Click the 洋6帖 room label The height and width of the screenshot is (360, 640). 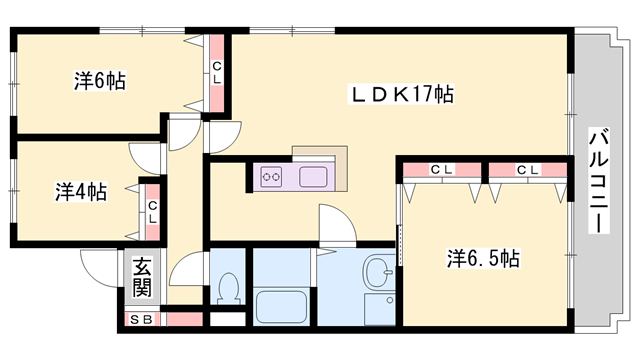(100, 81)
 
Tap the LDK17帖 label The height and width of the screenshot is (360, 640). (401, 94)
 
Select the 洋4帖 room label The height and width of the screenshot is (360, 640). (81, 192)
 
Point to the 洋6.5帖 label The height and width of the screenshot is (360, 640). (483, 258)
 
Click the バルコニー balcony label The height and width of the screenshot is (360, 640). (598, 180)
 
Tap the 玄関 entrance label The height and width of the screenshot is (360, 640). (142, 277)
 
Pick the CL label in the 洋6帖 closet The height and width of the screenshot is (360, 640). (217, 73)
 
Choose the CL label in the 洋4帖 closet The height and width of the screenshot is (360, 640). (153, 212)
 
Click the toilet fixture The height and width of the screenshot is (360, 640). (229, 289)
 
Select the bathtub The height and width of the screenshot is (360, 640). (280, 307)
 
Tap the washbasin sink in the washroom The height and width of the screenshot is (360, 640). (378, 271)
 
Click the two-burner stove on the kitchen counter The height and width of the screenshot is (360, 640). (271, 177)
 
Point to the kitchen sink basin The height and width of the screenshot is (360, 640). (313, 177)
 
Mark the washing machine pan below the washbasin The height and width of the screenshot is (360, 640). (380, 310)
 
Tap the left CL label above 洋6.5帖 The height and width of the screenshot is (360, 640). (441, 169)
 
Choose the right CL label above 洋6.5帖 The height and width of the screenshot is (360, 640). (528, 169)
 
